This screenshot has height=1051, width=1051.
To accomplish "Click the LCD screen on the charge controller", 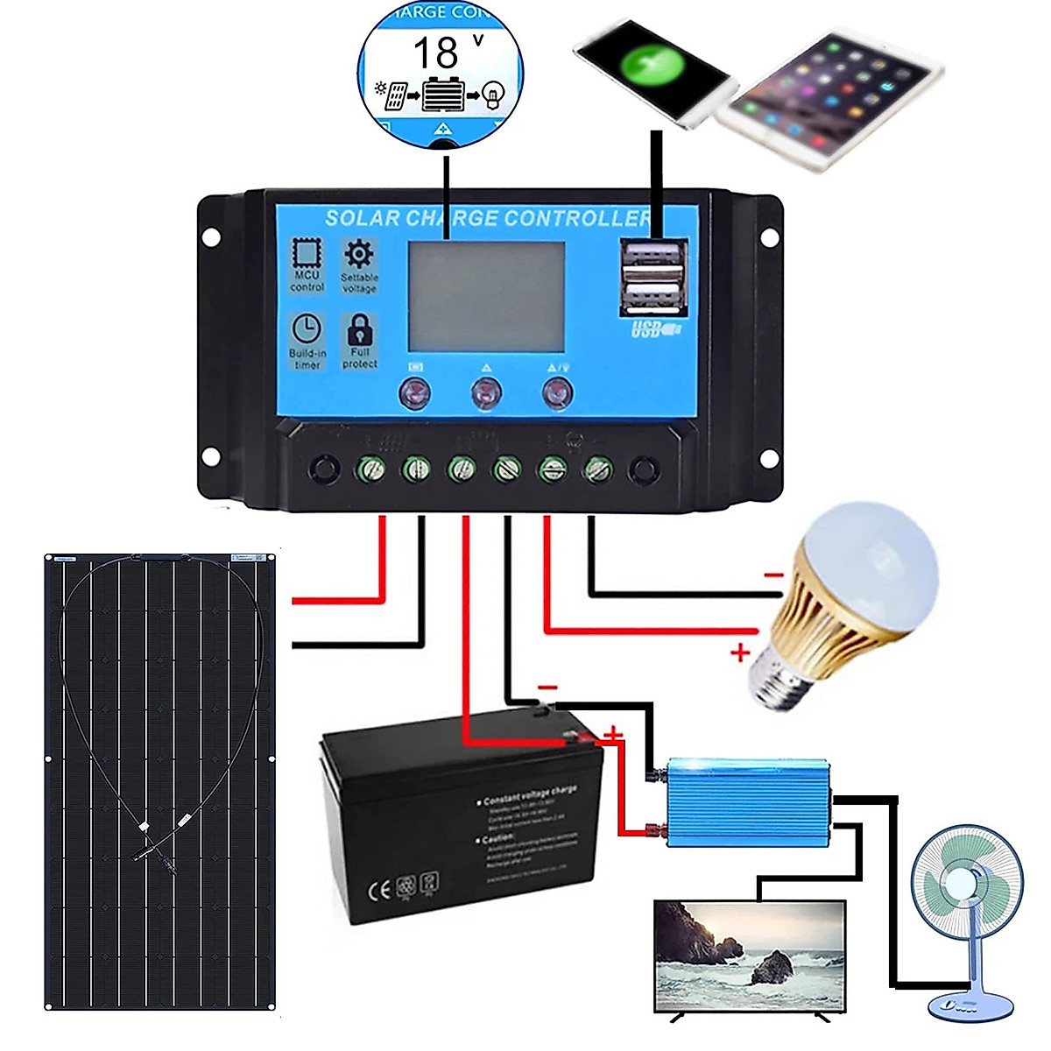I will tap(486, 296).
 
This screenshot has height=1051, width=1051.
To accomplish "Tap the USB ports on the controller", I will tap(652, 277).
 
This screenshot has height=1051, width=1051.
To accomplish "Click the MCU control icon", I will tap(307, 254).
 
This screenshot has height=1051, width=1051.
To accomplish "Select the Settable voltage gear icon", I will tap(359, 255).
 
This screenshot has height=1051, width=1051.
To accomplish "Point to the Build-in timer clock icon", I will tap(307, 329).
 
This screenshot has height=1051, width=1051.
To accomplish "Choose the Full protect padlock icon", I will tap(360, 331).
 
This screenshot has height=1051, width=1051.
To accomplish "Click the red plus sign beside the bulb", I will tap(740, 652).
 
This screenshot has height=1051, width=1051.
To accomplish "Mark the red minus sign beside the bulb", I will tap(773, 575).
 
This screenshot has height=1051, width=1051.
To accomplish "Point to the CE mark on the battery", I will tap(378, 891).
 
